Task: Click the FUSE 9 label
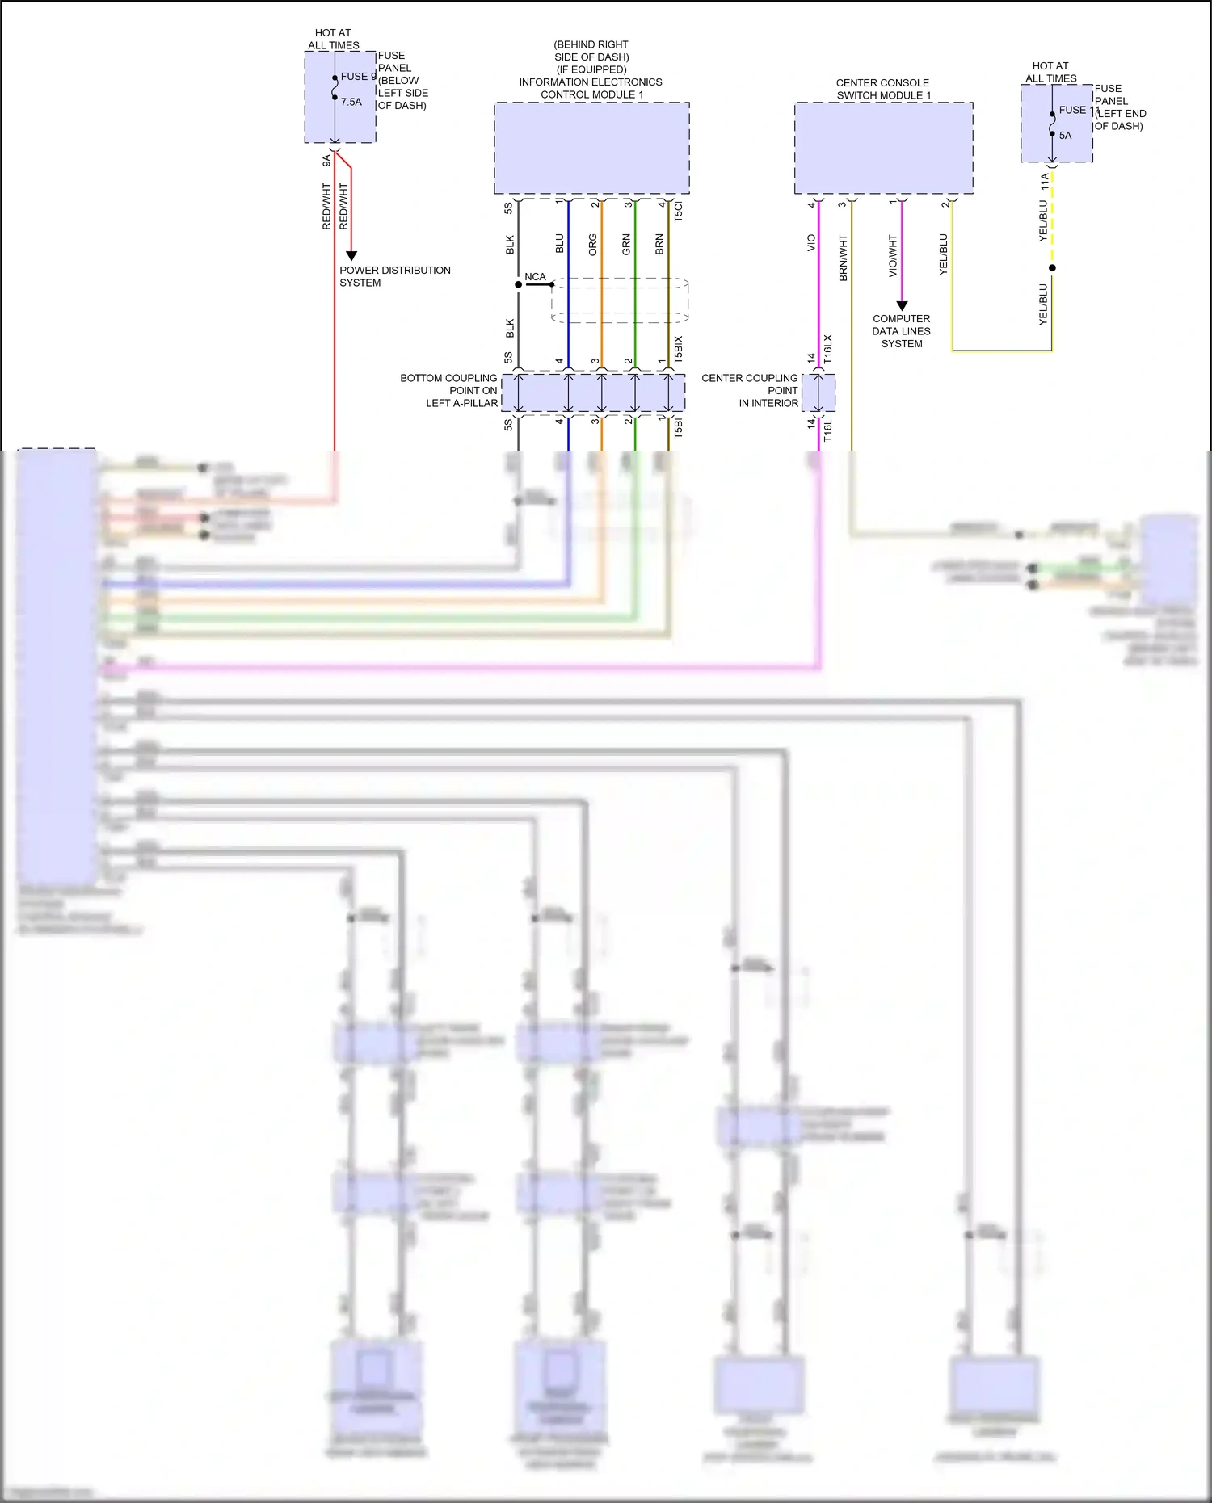[x=358, y=77]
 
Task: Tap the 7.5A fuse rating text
[x=351, y=102]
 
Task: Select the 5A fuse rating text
[x=1065, y=136]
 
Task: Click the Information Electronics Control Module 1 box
[x=591, y=148]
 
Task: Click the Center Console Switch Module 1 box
[x=883, y=148]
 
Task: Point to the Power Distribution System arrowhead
[x=351, y=256]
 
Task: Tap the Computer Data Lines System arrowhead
[x=902, y=305]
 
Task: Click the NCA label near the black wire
[x=535, y=276]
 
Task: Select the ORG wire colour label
[x=592, y=245]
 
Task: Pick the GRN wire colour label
[x=625, y=245]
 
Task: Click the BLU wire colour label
[x=559, y=244]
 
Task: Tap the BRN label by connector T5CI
[x=659, y=245]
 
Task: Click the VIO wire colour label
[x=810, y=243]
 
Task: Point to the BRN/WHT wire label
[x=843, y=258]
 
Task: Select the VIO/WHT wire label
[x=892, y=256]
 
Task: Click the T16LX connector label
[x=827, y=349]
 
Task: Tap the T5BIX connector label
[x=678, y=349]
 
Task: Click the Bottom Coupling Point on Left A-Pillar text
[x=449, y=391]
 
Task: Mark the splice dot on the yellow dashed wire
[x=1052, y=267]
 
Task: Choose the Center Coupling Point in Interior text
[x=751, y=391]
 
